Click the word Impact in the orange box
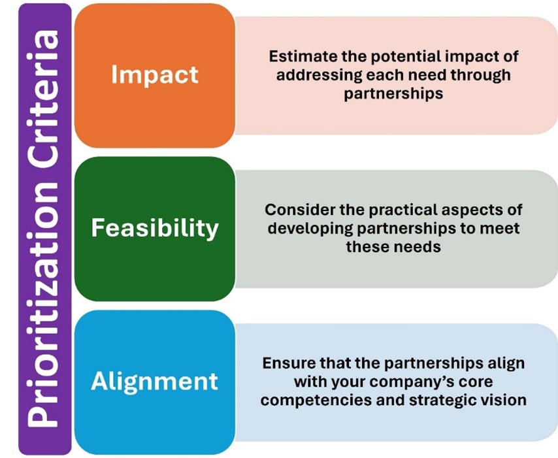pos(154,75)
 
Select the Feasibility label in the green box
pos(155,228)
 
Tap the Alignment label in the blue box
pos(154,382)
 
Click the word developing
pos(310,228)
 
